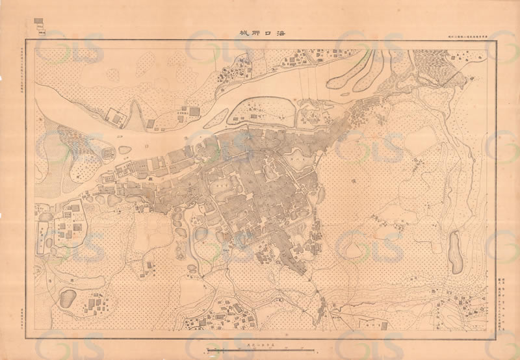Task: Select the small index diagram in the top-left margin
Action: (41, 24)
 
